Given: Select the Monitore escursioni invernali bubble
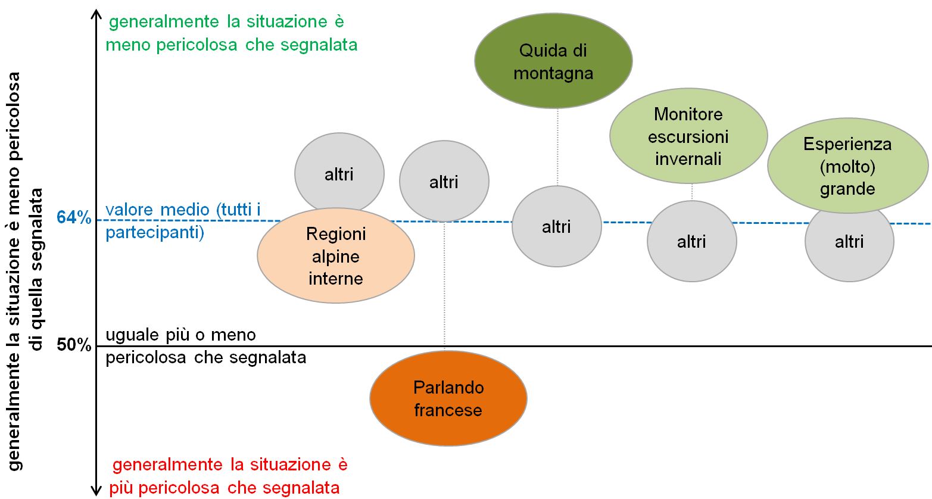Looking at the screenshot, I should pos(688,136).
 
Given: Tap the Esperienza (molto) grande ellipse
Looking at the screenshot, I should pos(847,166).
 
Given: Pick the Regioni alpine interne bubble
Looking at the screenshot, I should pos(336,255).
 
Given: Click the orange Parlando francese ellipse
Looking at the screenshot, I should pos(448,398).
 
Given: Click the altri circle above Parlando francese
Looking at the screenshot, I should pos(444,182).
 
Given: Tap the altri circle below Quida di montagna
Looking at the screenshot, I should pos(556,226).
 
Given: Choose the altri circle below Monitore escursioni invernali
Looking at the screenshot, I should pos(691,241).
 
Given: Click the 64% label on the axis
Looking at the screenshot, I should pos(74,218).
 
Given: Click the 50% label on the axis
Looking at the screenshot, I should pos(74,345).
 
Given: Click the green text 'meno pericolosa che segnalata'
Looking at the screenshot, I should pos(232,45).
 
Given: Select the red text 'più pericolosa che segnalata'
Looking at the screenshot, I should pos(225,488).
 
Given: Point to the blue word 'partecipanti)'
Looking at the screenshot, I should pos(155,233).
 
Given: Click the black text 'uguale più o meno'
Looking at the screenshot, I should pos(181,335).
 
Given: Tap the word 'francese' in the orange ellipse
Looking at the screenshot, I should pos(448,410).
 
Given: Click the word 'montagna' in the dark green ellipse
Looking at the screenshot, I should pos(553,73).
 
